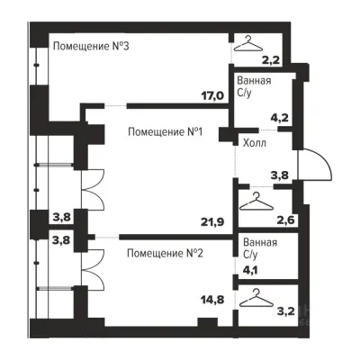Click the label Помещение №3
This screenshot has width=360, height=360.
(x=93, y=47)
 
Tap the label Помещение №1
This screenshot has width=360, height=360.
(x=169, y=132)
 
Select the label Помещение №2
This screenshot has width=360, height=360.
(x=166, y=253)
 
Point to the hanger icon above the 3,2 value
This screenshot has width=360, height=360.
(x=259, y=293)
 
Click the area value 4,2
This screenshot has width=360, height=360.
(x=280, y=116)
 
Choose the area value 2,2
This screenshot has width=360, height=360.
(x=271, y=62)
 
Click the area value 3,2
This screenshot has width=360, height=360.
(x=286, y=312)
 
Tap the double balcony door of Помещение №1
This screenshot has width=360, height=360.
(x=90, y=194)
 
